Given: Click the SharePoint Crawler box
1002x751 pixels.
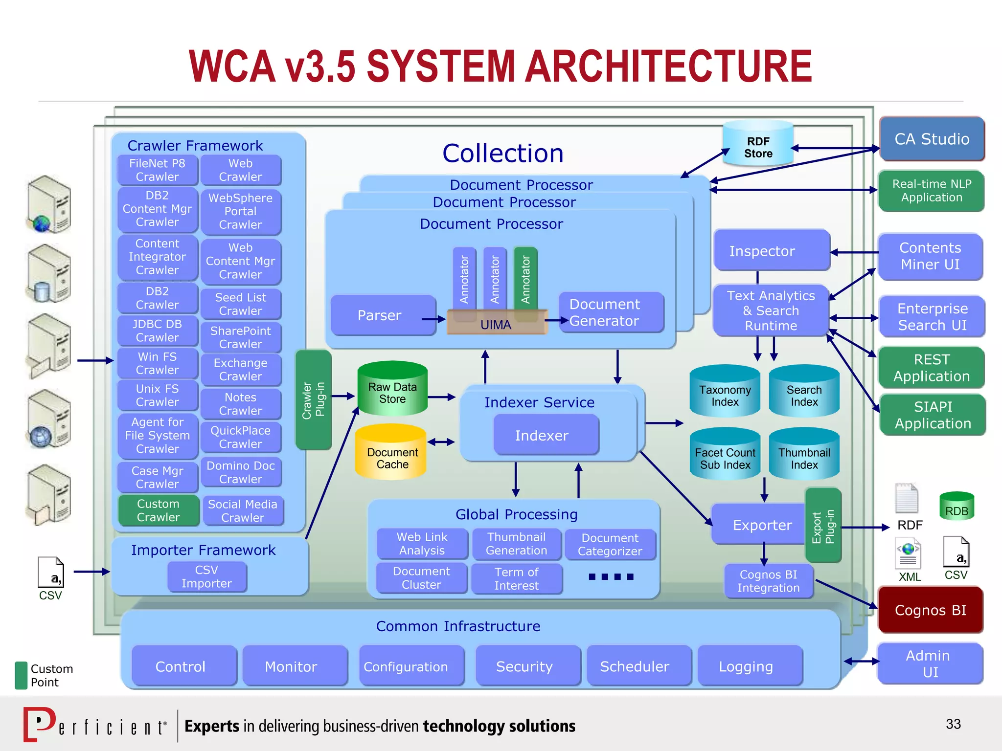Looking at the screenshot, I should [240, 337].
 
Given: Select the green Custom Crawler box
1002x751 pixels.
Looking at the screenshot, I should [158, 510].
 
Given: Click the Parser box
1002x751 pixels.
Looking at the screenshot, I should [380, 315].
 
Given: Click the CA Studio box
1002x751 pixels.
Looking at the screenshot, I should [932, 139].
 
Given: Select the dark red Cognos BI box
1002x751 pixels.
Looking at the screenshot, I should [930, 610].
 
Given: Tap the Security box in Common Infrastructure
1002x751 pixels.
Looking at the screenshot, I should [524, 666].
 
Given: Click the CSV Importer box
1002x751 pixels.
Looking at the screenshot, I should [206, 576].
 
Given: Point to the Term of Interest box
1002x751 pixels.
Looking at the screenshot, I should [516, 579].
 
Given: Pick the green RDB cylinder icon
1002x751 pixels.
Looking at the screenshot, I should [956, 507].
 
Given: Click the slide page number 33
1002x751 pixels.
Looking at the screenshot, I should [953, 724].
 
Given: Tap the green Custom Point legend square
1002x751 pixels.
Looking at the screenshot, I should [21, 675].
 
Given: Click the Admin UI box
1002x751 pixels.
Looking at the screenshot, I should [930, 663].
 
